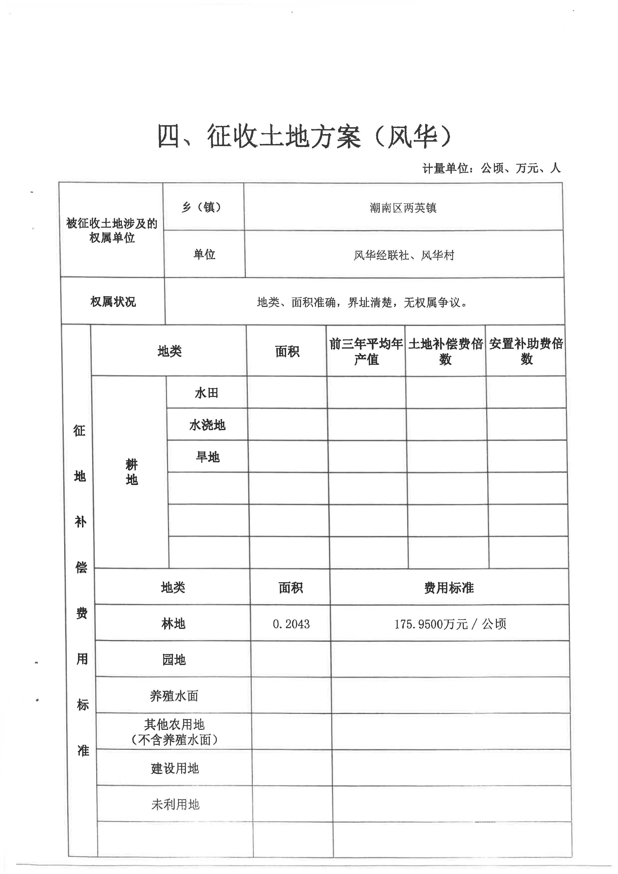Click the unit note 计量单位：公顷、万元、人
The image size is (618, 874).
tap(491, 168)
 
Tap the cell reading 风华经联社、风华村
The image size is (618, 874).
tap(404, 255)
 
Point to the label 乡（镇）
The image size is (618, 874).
tap(202, 207)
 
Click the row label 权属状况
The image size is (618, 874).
tap(113, 302)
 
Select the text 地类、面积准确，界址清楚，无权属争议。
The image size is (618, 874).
tap(362, 302)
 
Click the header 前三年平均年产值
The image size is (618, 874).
tap(366, 351)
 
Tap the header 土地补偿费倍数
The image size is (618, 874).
tap(445, 351)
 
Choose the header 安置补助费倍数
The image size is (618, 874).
tap(526, 351)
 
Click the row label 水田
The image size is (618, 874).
tap(207, 393)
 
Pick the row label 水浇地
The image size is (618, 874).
tap(207, 425)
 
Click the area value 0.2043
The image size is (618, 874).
tap(291, 624)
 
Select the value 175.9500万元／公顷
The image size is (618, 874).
tap(450, 624)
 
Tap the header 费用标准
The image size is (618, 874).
tap(449, 588)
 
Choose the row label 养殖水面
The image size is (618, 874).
tap(174, 696)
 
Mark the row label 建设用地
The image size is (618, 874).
tap(175, 768)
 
